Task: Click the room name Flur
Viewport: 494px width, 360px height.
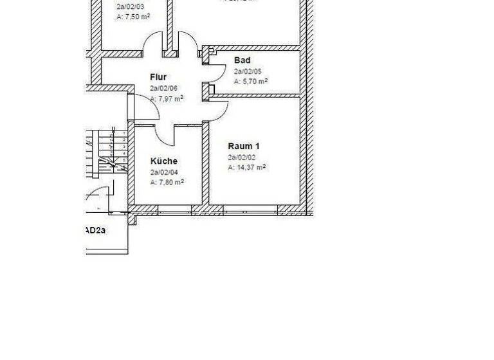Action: point(158,77)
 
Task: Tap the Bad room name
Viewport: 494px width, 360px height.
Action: point(242,60)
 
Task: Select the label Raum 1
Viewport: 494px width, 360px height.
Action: point(244,147)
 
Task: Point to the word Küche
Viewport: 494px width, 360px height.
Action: point(164,161)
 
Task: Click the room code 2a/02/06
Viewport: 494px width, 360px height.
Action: point(163,88)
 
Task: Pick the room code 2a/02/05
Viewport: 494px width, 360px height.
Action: point(247,71)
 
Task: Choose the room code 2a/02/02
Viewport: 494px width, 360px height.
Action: point(241,157)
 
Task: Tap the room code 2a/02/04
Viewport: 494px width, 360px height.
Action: point(163,172)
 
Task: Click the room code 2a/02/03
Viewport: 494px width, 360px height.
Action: point(129,8)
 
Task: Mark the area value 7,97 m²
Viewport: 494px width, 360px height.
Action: point(167,98)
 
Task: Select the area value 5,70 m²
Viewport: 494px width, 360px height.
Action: point(250,82)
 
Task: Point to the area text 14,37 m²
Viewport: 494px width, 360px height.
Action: point(246,168)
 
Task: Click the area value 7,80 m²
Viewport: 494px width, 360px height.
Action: point(167,183)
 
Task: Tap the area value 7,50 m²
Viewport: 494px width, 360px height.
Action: point(133,18)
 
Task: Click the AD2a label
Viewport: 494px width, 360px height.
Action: point(96,230)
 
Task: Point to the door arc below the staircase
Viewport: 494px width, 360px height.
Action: point(98,192)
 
